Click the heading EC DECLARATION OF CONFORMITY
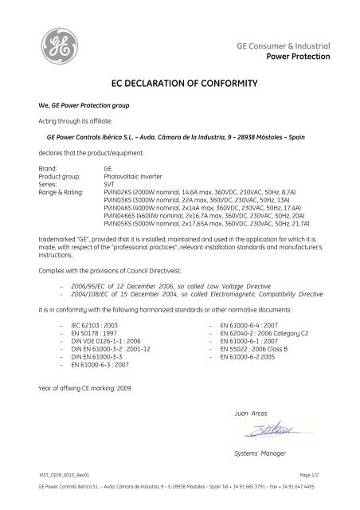click(180, 82)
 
